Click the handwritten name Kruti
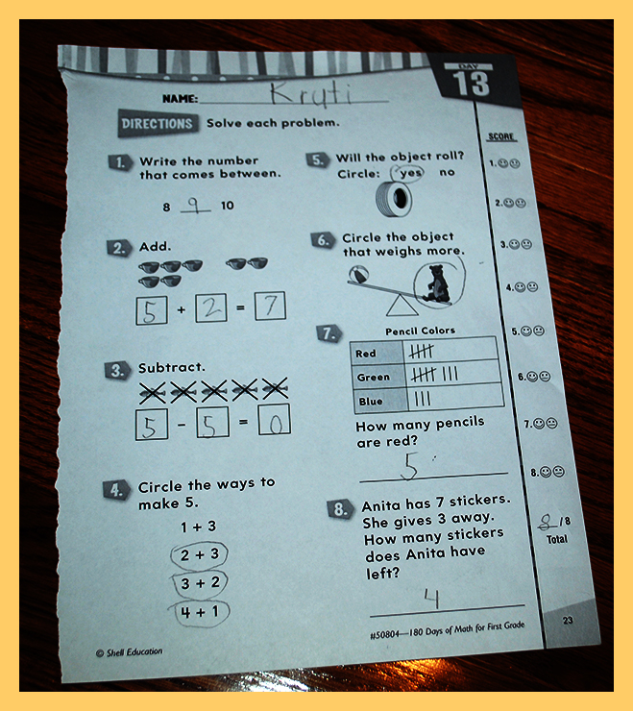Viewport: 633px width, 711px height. tap(311, 95)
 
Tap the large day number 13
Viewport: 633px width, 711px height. tap(471, 84)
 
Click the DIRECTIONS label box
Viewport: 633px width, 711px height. tap(157, 123)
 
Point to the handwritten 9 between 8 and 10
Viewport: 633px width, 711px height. tap(195, 206)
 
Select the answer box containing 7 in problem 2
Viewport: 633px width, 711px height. tap(270, 306)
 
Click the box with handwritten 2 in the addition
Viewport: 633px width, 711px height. tap(211, 308)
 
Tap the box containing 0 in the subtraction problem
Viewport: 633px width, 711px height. tap(275, 420)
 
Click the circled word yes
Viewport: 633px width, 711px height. tap(410, 173)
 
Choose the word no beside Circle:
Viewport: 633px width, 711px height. tap(447, 172)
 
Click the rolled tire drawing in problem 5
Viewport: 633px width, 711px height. tap(394, 199)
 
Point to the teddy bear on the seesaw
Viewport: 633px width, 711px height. tap(436, 284)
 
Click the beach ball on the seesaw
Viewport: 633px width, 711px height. tap(358, 274)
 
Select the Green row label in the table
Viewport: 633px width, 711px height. tap(373, 378)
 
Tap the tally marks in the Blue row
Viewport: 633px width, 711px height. tap(423, 399)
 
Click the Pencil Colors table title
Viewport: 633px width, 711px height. tap(420, 331)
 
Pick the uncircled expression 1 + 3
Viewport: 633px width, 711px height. tap(199, 527)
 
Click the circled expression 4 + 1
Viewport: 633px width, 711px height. tap(199, 613)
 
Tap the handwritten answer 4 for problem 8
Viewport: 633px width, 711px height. tap(431, 598)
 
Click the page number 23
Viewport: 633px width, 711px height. tap(568, 620)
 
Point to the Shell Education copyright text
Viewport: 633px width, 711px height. tap(130, 652)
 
